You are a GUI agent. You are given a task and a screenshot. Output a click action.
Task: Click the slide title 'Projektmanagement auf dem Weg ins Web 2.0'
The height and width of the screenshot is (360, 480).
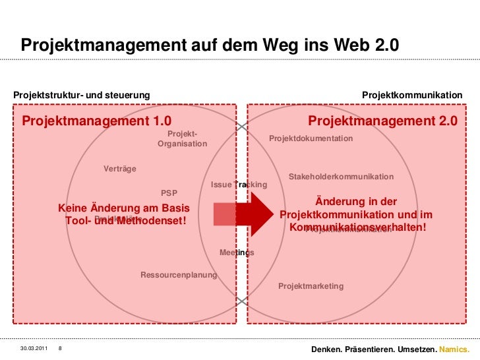click(x=210, y=45)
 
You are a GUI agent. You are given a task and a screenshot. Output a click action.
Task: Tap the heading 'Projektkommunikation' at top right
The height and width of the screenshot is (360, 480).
click(x=412, y=96)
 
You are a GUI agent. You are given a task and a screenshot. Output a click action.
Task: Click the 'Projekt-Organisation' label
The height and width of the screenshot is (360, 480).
click(x=183, y=139)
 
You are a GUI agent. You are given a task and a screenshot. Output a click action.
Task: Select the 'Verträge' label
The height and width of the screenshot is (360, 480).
click(x=120, y=169)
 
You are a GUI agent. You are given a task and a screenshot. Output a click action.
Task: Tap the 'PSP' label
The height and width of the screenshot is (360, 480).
click(x=169, y=193)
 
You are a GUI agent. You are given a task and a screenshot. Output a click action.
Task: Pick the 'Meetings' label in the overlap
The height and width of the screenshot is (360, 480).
click(x=237, y=253)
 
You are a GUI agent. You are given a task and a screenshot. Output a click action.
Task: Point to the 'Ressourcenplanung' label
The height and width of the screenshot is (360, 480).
click(x=179, y=274)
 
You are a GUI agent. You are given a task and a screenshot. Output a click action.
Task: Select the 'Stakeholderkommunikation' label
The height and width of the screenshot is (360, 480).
click(x=341, y=177)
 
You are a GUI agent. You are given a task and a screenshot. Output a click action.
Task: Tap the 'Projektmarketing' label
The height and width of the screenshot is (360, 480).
click(x=311, y=286)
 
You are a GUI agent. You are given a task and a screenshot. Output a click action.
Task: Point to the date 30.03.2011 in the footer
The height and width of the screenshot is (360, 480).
click(x=34, y=348)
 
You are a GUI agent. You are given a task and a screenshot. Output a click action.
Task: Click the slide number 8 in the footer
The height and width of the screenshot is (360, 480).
click(x=60, y=348)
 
